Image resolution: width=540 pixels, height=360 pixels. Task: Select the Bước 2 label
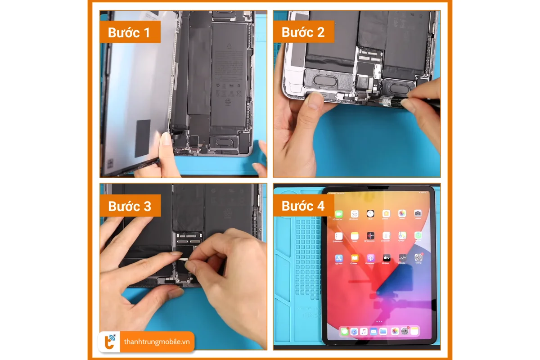click(302, 32)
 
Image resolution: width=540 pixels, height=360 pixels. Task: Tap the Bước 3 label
click(129, 206)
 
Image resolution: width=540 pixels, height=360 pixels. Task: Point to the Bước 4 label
click(302, 206)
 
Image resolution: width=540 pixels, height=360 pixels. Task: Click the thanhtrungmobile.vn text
click(157, 342)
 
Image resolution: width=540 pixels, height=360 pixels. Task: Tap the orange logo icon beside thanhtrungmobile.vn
click(110, 342)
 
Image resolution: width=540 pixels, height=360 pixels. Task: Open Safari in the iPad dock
click(354, 331)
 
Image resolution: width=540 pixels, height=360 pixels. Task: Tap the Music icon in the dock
click(364, 331)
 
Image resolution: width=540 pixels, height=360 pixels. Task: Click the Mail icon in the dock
click(373, 331)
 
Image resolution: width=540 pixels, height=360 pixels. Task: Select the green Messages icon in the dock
click(344, 331)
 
